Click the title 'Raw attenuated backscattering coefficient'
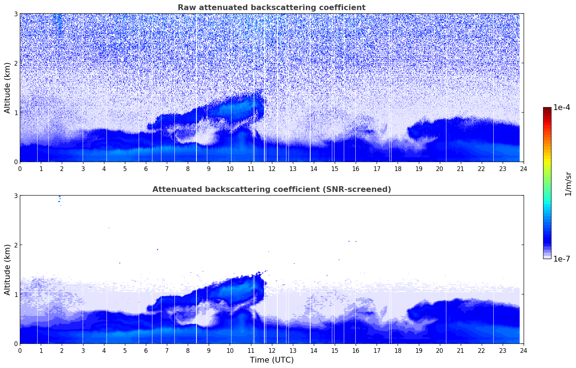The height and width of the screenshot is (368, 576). point(271,8)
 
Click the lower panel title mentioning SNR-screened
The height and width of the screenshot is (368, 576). point(271,189)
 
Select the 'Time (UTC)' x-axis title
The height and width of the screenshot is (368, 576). point(272,360)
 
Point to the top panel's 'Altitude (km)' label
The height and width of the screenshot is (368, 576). point(7,88)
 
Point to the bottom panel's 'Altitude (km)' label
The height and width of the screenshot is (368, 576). point(7,270)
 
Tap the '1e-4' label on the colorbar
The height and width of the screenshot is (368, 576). point(562,108)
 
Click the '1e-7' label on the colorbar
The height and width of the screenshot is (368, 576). point(562,259)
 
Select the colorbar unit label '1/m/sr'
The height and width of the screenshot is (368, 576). point(568,183)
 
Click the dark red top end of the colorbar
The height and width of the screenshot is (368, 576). point(547,109)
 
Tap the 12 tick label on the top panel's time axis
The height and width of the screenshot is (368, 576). point(272,168)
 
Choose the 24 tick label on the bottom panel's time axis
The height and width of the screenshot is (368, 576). point(523,350)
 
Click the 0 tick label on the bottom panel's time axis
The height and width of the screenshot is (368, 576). point(20,350)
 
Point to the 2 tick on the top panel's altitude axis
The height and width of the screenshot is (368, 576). point(16,63)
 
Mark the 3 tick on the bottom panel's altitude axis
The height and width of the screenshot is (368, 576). point(16,196)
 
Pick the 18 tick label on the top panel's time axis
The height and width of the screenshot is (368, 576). point(398,168)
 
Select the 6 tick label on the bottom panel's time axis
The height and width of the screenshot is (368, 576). point(146,350)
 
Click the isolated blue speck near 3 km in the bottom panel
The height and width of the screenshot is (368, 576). point(59,198)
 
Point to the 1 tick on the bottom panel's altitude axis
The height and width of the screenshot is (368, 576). point(16,294)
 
